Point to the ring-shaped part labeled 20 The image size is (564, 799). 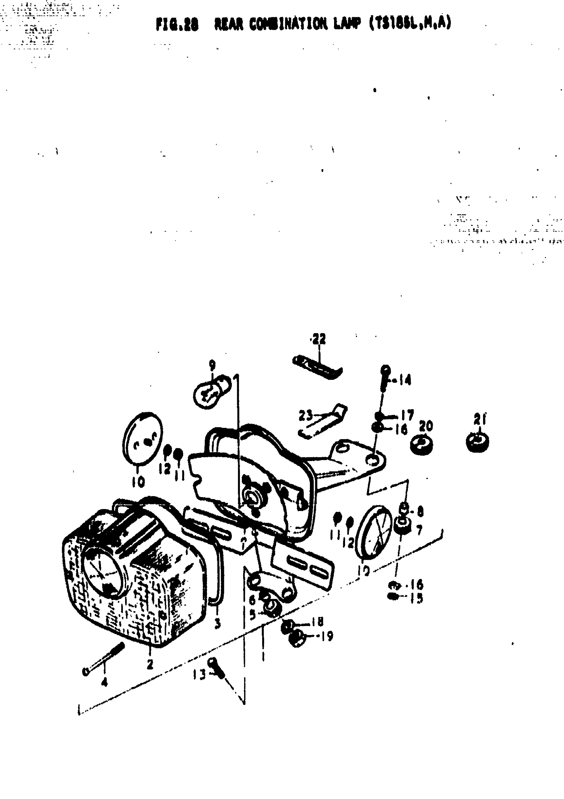pos(422,445)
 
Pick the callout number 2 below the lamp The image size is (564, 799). pos(150,664)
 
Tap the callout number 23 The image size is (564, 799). pos(306,416)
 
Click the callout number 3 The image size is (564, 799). pos(218,623)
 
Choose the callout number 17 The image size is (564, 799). pos(407,415)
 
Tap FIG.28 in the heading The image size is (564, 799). pos(177,25)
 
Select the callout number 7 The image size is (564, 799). pos(419,530)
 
